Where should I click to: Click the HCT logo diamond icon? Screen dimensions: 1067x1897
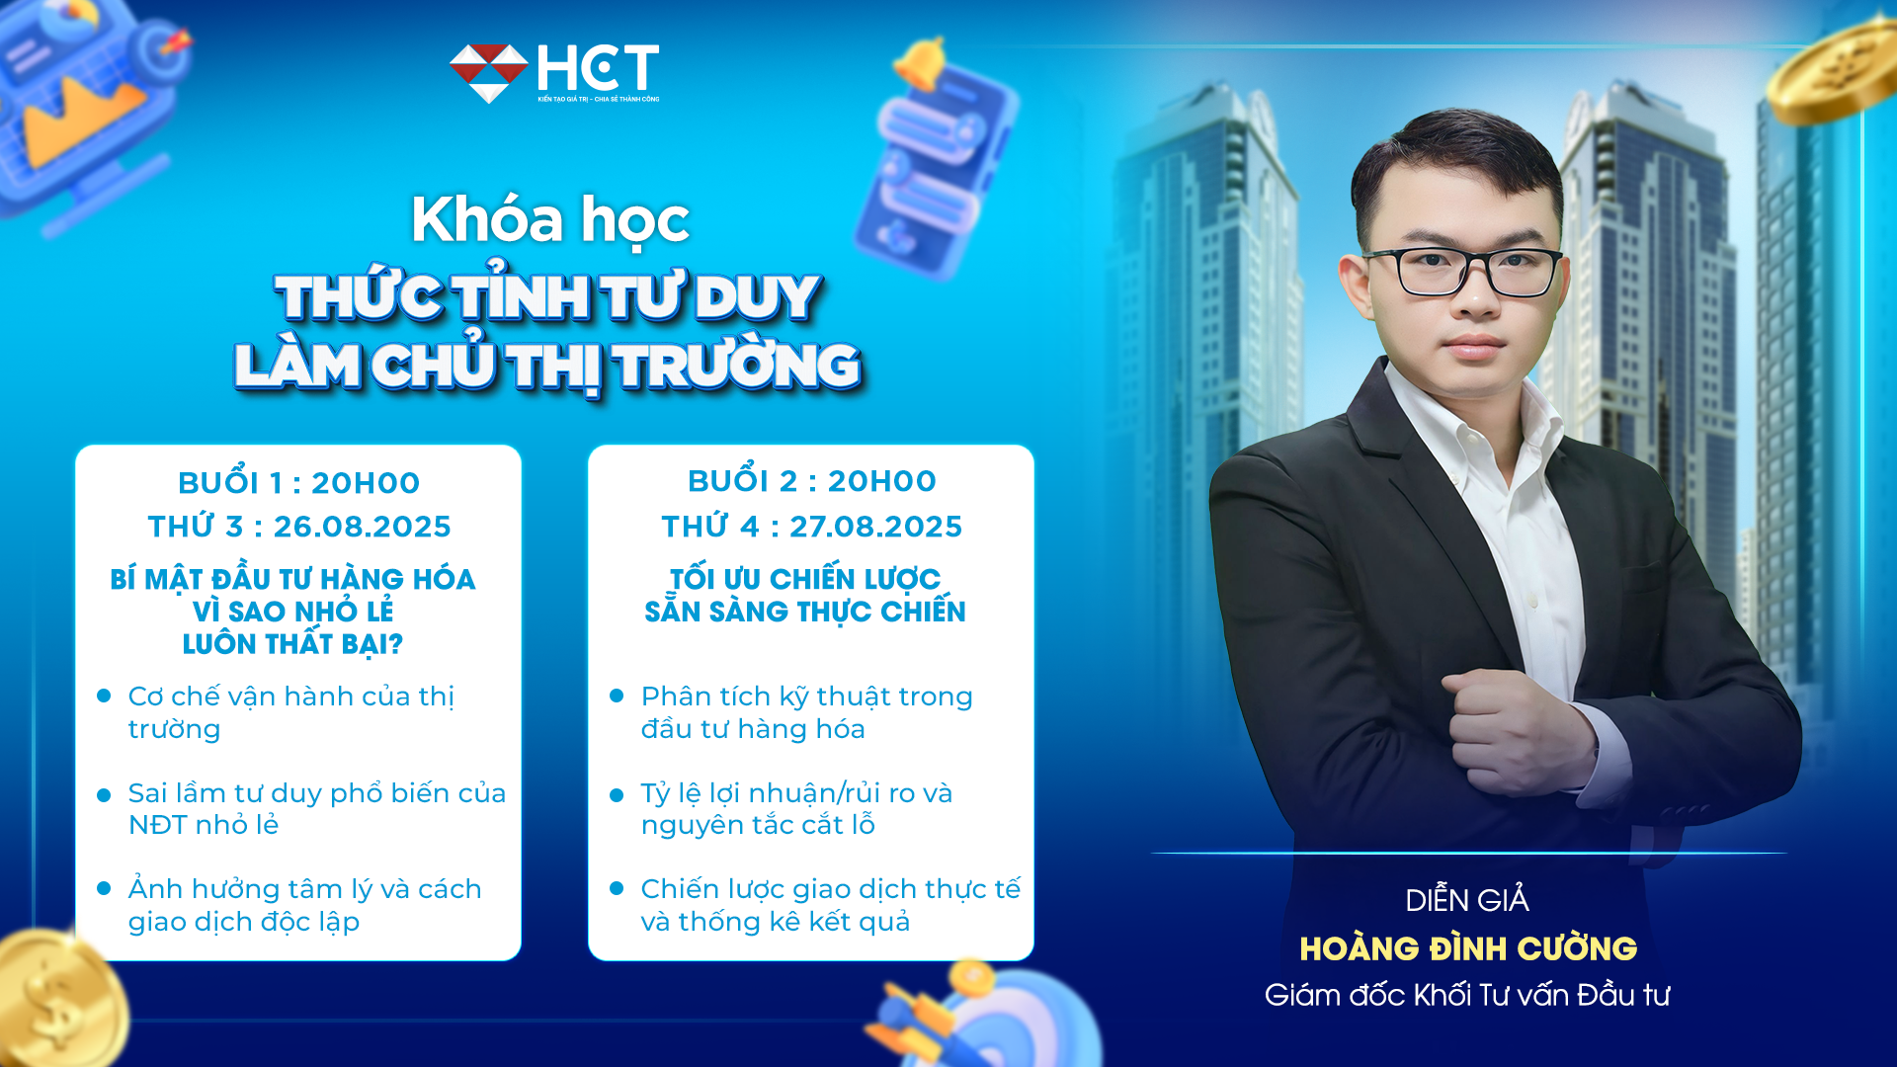pyautogui.click(x=488, y=72)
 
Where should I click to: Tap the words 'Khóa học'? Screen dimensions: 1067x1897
pyautogui.click(x=550, y=219)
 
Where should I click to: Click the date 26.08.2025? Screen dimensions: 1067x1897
pyautogui.click(x=362, y=527)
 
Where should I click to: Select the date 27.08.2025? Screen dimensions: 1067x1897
pyautogui.click(x=875, y=527)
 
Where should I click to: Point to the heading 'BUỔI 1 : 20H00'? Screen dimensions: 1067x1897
pyautogui.click(x=298, y=483)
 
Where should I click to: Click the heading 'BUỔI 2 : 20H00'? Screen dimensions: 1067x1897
pyautogui.click(x=811, y=481)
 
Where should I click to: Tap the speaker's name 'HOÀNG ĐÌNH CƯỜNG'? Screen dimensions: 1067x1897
pyautogui.click(x=1468, y=948)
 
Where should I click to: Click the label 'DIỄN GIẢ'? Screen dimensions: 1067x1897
pyautogui.click(x=1467, y=900)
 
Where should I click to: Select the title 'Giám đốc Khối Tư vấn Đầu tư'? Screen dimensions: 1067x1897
pyautogui.click(x=1467, y=995)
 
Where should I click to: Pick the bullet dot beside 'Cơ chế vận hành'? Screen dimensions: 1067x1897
pyautogui.click(x=104, y=696)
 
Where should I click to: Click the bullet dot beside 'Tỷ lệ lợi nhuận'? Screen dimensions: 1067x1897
pyautogui.click(x=617, y=794)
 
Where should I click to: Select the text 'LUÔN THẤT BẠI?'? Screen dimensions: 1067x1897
pyautogui.click(x=292, y=644)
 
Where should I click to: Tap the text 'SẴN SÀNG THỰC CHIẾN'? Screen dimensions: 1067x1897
pyautogui.click(x=805, y=612)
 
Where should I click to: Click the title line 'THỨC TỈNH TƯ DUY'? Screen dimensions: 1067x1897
pyautogui.click(x=548, y=297)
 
